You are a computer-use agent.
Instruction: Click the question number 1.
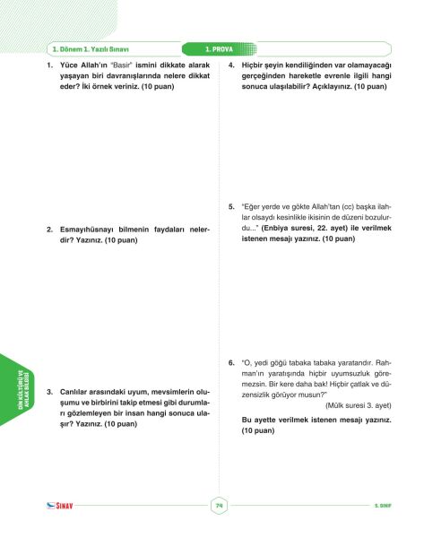[x=50, y=67]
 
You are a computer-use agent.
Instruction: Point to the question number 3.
[x=50, y=393]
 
